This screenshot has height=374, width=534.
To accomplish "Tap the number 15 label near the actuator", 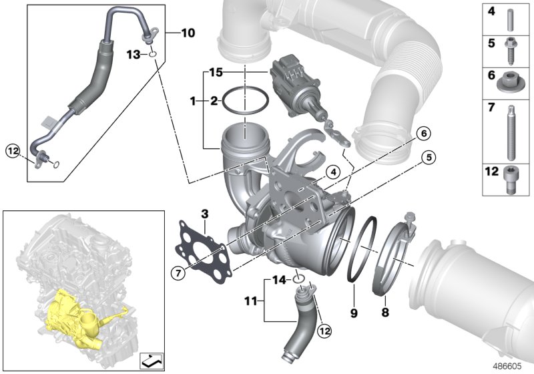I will [x=216, y=70].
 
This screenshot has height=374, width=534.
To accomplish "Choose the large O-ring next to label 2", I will [x=242, y=101].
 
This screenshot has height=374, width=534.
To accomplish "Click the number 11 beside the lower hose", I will [x=248, y=301].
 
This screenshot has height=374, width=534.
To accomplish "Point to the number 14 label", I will [x=280, y=280].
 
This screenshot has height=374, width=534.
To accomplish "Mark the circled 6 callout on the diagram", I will [x=421, y=134].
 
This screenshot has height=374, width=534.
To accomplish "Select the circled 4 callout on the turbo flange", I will [x=329, y=172].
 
